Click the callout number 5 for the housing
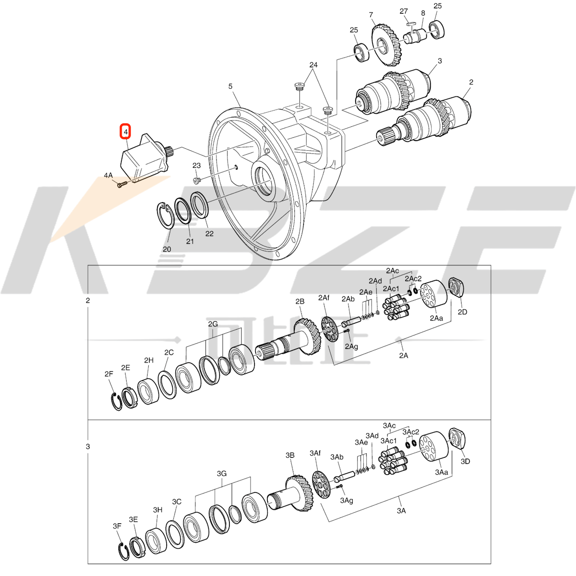point(230,86)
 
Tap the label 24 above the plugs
point(313,65)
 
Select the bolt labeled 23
point(196,180)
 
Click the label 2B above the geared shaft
point(300,301)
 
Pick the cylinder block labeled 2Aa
point(433,294)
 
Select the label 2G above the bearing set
point(213,324)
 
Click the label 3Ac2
point(412,432)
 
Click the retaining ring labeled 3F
point(123,553)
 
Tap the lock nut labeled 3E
point(136,547)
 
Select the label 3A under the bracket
point(401,511)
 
